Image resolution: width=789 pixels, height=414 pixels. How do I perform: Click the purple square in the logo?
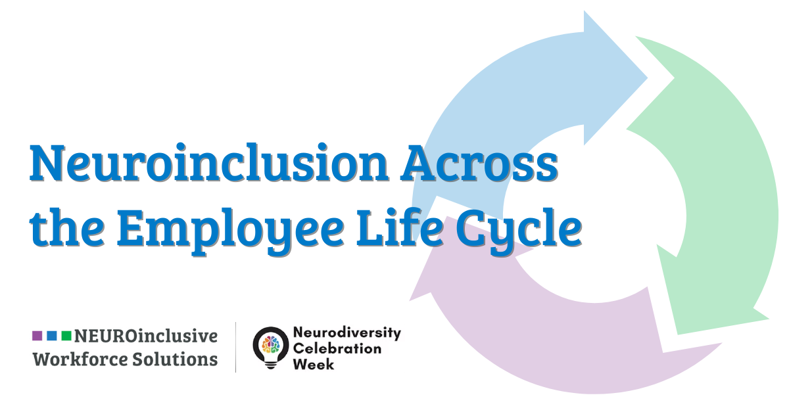(37, 336)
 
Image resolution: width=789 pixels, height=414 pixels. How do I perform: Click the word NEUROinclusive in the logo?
(145, 336)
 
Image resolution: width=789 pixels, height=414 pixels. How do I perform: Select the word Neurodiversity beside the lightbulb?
(347, 333)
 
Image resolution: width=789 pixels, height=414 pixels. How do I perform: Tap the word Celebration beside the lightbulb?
(337, 348)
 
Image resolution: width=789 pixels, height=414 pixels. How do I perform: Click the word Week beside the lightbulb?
(313, 363)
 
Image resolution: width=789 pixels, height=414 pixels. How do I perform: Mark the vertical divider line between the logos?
(236, 347)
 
